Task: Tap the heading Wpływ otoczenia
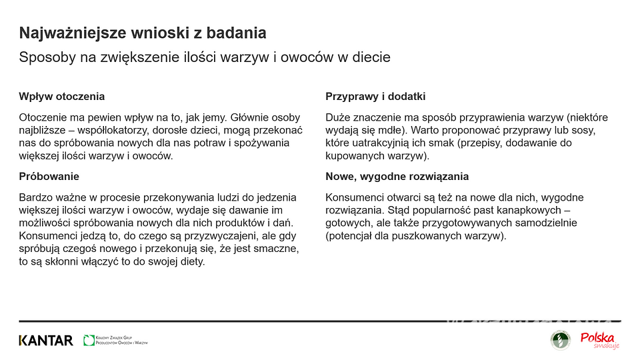[61, 97]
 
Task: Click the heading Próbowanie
[49, 177]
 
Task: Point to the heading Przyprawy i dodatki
[375, 97]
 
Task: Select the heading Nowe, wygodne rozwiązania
[397, 177]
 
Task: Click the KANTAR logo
[45, 341]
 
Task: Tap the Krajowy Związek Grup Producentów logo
[115, 341]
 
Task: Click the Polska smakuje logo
[598, 340]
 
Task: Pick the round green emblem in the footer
[560, 340]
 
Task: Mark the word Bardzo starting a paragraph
[35, 197]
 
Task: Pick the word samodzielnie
[546, 223]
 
